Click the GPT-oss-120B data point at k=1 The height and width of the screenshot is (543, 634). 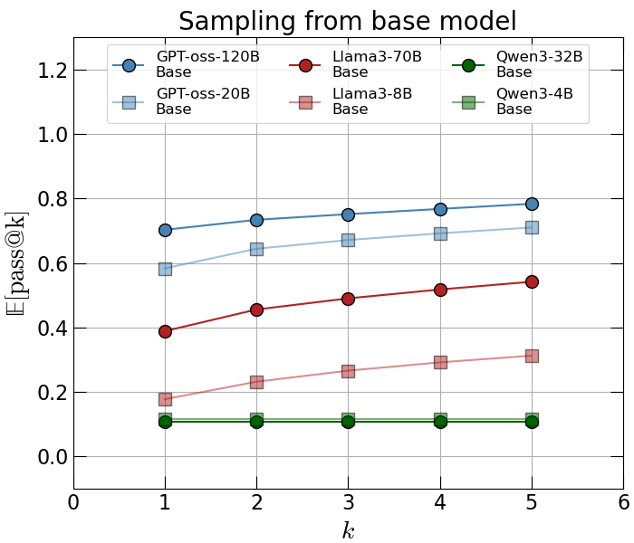point(165,230)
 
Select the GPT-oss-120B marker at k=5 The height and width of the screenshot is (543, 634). point(532,204)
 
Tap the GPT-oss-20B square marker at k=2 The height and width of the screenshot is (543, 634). point(256,249)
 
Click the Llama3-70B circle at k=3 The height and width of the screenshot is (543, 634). point(348,299)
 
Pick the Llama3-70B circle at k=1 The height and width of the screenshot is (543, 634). point(165,331)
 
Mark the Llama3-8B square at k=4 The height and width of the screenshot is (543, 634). point(440,362)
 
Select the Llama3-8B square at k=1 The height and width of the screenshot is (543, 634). point(165,399)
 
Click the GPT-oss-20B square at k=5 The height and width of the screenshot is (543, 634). point(532,227)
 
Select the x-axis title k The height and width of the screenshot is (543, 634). point(348,530)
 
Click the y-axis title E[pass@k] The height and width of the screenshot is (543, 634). point(15,263)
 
